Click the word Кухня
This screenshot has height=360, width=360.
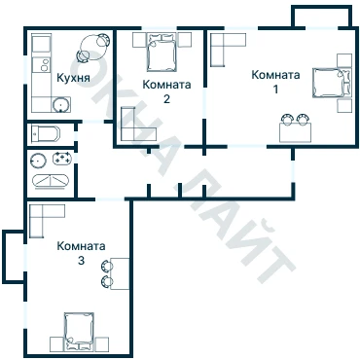point(73,78)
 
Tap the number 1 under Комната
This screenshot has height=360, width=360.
point(275,90)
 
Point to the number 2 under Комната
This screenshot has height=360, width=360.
point(166,99)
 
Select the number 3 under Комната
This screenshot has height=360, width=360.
point(81,261)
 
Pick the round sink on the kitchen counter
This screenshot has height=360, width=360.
point(61,105)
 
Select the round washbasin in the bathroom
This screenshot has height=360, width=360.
point(38,161)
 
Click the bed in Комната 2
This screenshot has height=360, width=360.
point(162,53)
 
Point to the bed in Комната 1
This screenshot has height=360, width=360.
point(331,83)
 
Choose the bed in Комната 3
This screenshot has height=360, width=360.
point(79,331)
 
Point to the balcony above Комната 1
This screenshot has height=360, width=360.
point(321,17)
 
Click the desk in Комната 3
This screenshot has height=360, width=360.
point(120,273)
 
